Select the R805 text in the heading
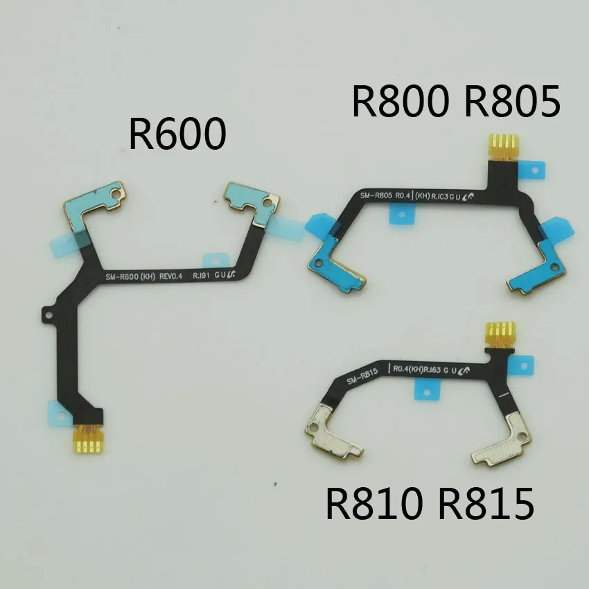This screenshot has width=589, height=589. (511, 100)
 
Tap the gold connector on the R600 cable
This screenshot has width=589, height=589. (89, 437)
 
